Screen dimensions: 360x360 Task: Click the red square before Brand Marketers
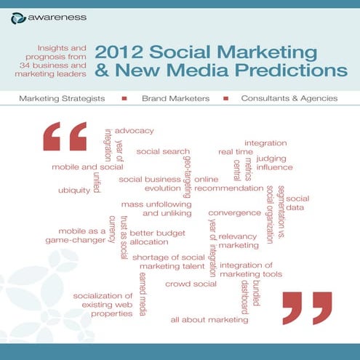(124, 97)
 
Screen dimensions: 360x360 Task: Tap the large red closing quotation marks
(307, 307)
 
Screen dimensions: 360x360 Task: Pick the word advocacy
(135, 130)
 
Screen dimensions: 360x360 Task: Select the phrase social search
(163, 151)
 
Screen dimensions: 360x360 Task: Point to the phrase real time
(236, 152)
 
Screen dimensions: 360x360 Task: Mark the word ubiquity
(73, 191)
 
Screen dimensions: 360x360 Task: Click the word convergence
(234, 213)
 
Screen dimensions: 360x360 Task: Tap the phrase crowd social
(191, 283)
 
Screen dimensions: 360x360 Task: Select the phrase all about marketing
(209, 319)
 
